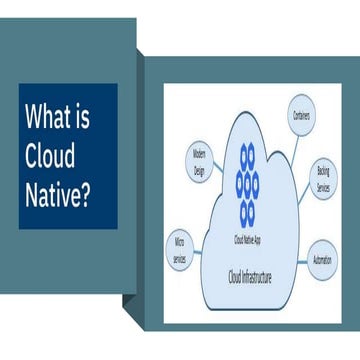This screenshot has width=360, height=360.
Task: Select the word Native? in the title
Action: (x=58, y=191)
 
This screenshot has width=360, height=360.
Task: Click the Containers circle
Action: (x=301, y=116)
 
